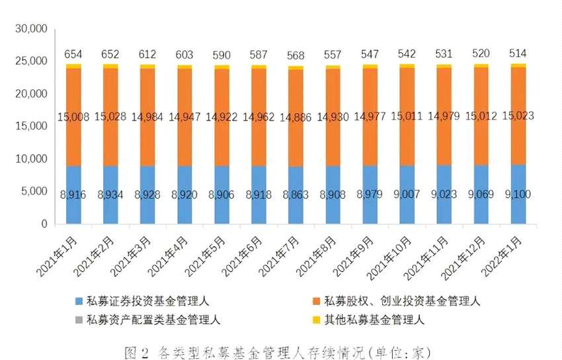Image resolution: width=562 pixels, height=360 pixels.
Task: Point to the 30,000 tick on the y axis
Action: tap(32, 29)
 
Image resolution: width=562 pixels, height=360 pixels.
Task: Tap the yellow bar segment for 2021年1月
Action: tap(73, 66)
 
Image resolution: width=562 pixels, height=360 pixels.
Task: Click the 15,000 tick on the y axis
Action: tap(32, 126)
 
